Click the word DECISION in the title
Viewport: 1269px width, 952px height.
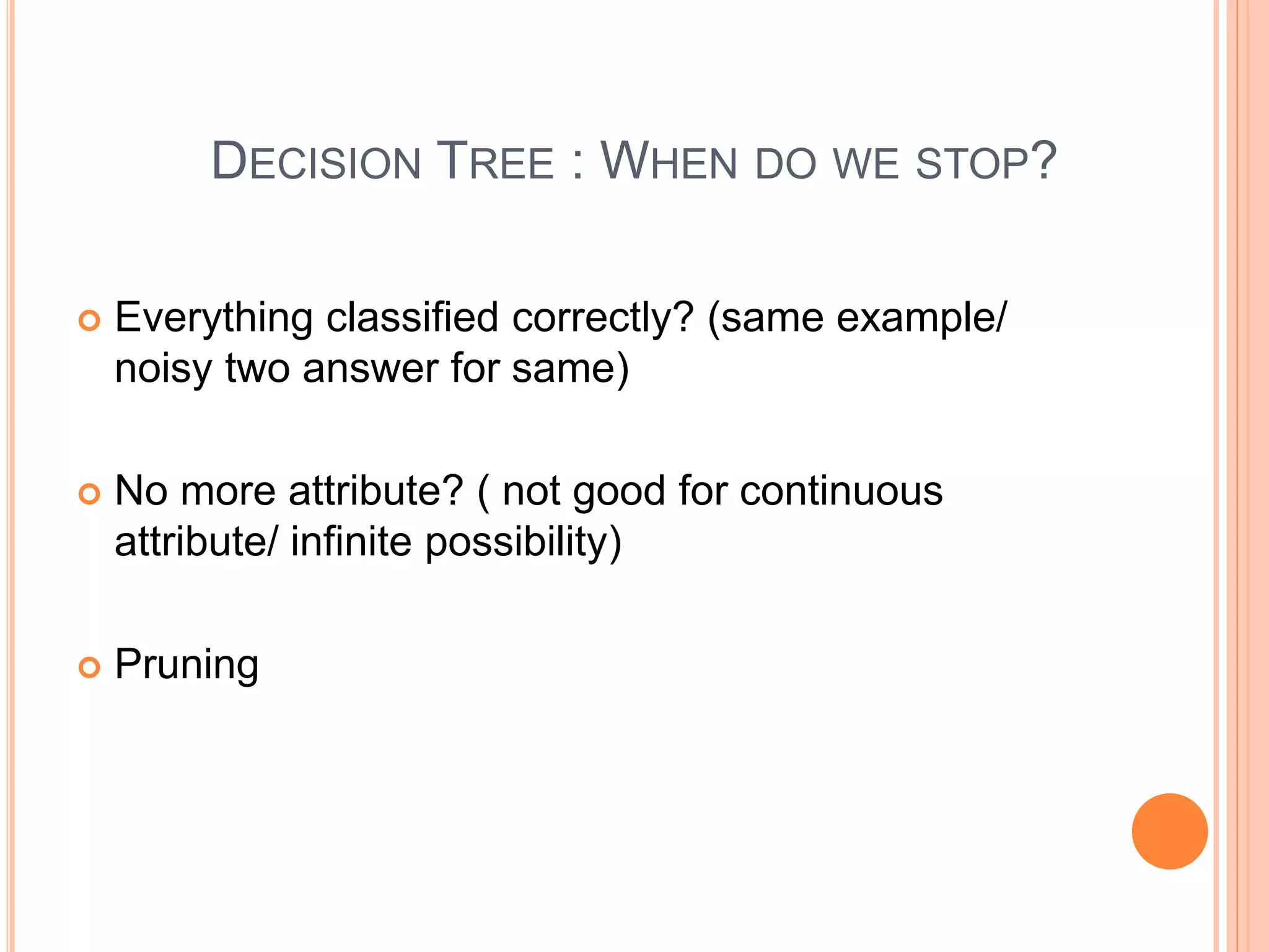(x=316, y=162)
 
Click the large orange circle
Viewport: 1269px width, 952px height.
(x=1169, y=831)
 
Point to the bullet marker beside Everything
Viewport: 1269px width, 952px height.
(x=89, y=320)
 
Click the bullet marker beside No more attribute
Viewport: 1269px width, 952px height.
(x=89, y=494)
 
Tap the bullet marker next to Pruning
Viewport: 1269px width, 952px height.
(x=89, y=668)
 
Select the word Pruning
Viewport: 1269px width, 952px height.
(x=187, y=664)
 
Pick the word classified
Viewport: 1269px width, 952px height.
(x=412, y=317)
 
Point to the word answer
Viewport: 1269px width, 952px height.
(x=370, y=368)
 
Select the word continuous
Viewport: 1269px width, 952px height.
(x=841, y=491)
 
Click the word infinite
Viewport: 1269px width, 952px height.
(x=351, y=541)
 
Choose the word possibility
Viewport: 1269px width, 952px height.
(x=522, y=542)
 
